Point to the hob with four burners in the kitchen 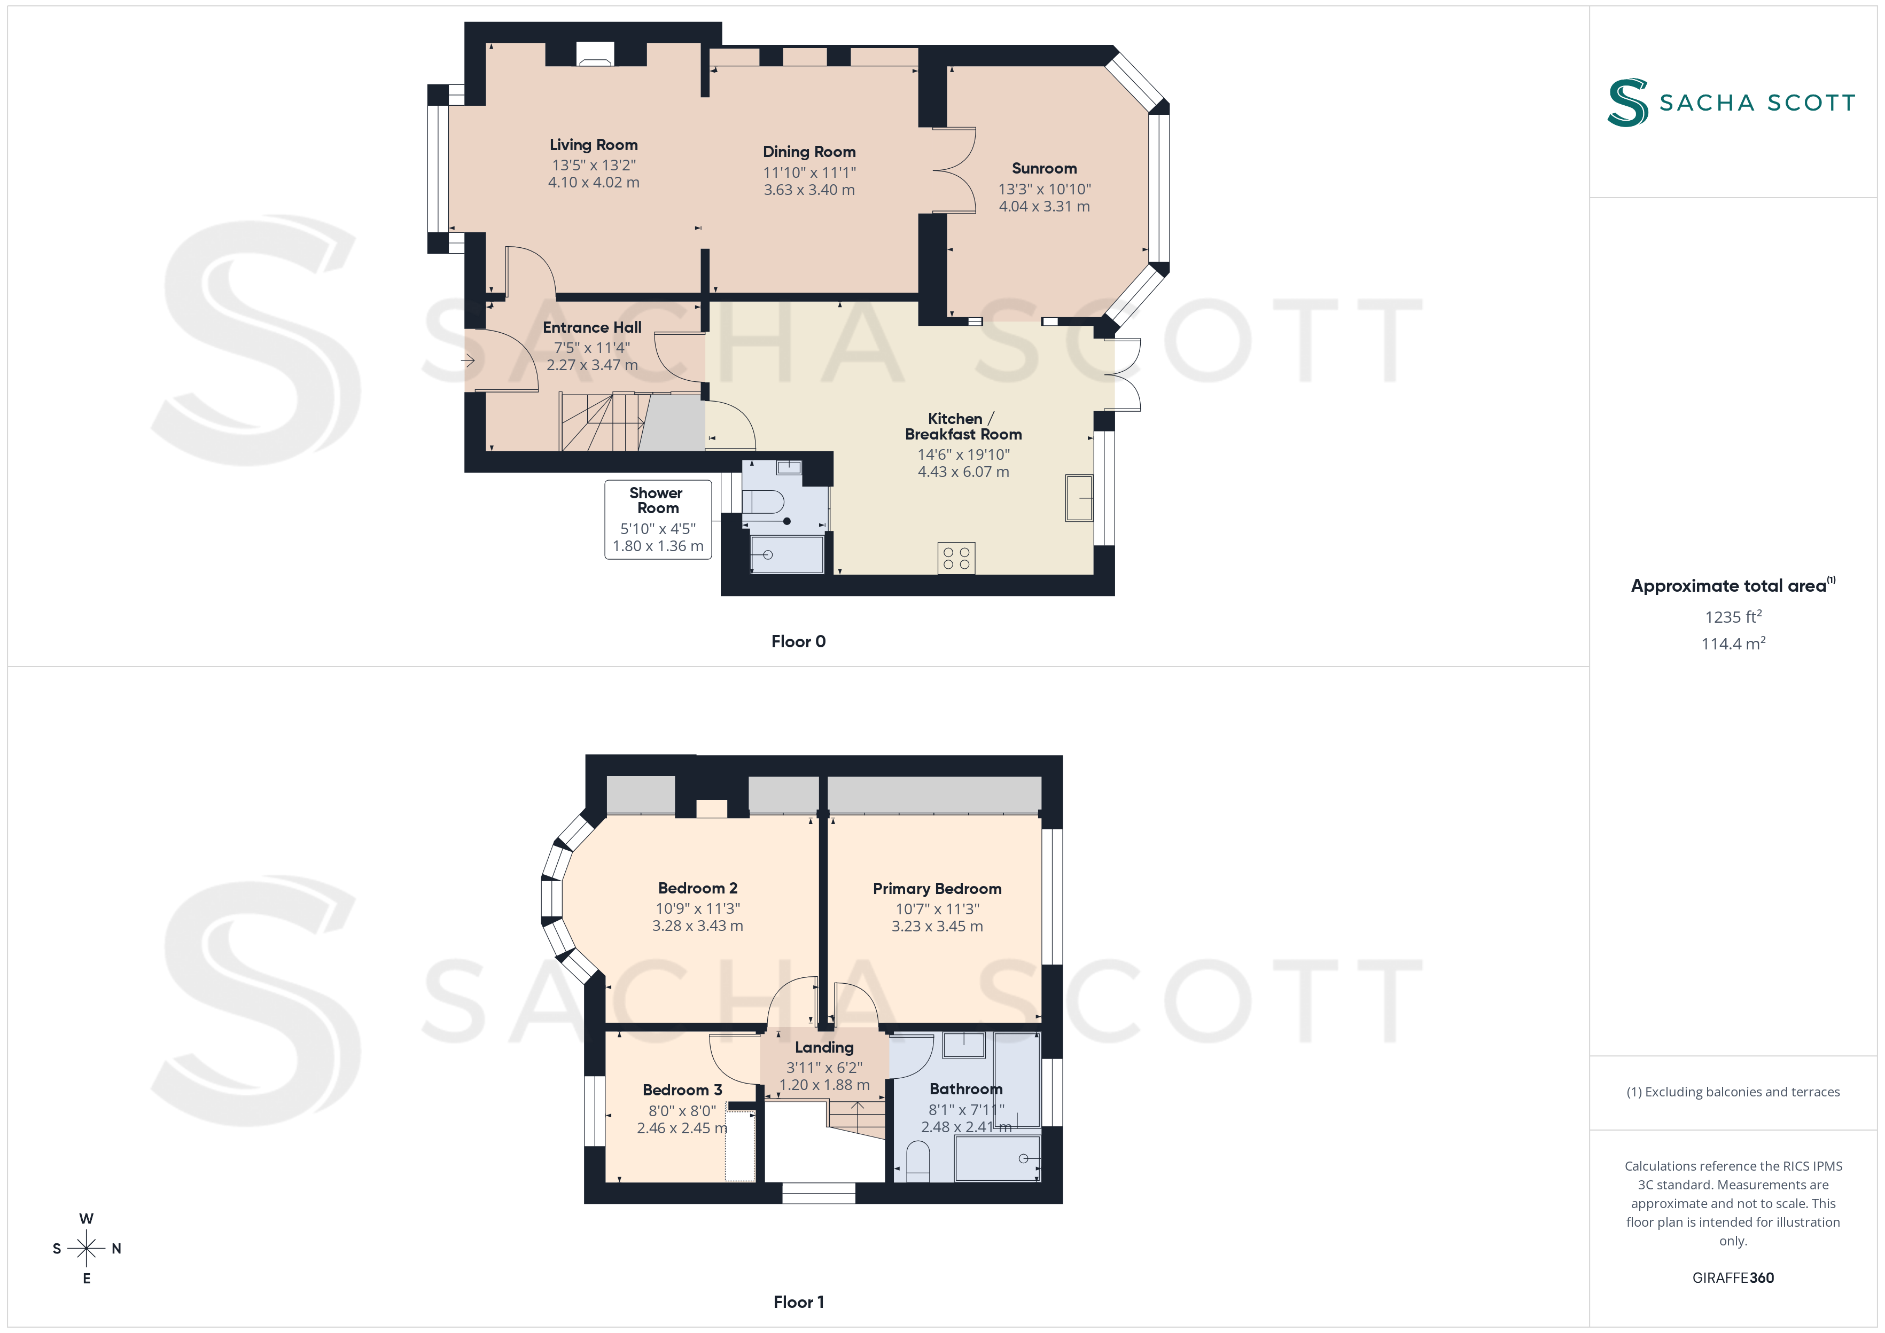point(956,558)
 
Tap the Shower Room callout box point(658,520)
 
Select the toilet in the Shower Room point(762,501)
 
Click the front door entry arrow point(468,360)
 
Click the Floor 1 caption point(798,1303)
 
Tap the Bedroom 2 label point(697,888)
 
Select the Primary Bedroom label point(937,889)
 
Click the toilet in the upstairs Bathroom point(918,1163)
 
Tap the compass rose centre point(86,1249)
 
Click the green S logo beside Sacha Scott point(1627,103)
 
